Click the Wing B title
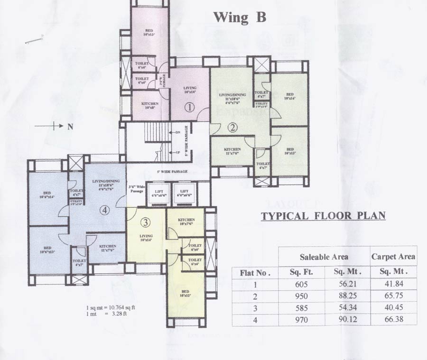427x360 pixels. click(x=240, y=18)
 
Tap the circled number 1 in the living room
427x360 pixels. click(x=189, y=107)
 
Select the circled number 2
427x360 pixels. click(x=232, y=127)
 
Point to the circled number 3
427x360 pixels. click(x=146, y=222)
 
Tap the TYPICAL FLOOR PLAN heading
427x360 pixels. click(x=323, y=216)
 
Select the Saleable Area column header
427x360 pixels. click(x=324, y=257)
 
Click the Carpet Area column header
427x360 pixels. click(x=393, y=257)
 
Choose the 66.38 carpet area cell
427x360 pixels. click(x=393, y=320)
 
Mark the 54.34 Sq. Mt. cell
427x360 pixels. click(x=347, y=308)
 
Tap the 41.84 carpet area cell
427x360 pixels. click(x=393, y=285)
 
